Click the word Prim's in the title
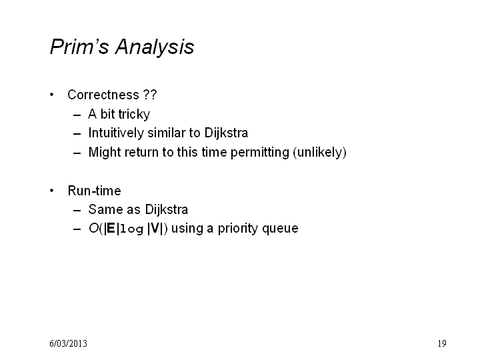coord(79,47)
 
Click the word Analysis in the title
coord(155,47)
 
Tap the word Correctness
coord(103,95)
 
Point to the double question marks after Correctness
coord(150,95)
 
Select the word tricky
coord(134,115)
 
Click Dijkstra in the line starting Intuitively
coord(226,133)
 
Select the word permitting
coord(259,153)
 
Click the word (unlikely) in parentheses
coord(319,153)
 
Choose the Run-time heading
coord(94,191)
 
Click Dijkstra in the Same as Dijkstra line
coord(166,210)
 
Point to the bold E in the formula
coord(111,229)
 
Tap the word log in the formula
coord(131,229)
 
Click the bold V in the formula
coord(155,229)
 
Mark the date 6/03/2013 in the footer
coord(68,343)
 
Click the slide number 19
coord(442,343)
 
